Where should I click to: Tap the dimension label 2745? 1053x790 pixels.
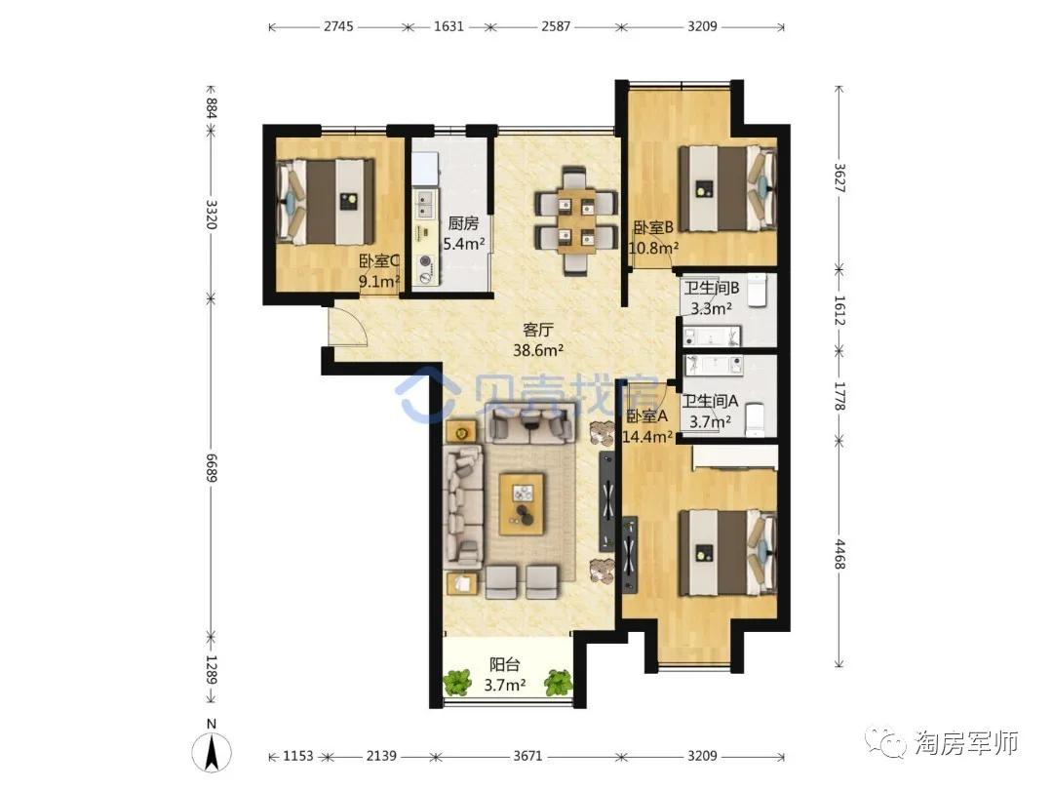pos(338,27)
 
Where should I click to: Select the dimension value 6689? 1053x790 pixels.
pos(212,467)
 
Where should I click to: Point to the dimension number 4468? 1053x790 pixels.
pos(838,554)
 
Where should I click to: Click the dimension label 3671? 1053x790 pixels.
pos(527,756)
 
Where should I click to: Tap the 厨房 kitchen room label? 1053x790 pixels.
pos(463,223)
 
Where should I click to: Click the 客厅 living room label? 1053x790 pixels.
pos(538,330)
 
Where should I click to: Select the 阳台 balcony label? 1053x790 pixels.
pos(504,665)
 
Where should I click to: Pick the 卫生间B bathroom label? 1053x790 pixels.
pos(711,288)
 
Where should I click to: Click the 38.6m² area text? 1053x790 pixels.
pos(538,350)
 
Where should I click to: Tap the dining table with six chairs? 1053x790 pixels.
pos(575,220)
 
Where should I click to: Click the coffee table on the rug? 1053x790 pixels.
pos(522,504)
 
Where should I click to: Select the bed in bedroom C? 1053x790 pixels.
pos(326,202)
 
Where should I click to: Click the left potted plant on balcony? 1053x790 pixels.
pos(457,683)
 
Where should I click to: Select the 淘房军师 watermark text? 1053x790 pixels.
pos(966,743)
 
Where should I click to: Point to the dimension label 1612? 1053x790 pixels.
pos(838,310)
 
